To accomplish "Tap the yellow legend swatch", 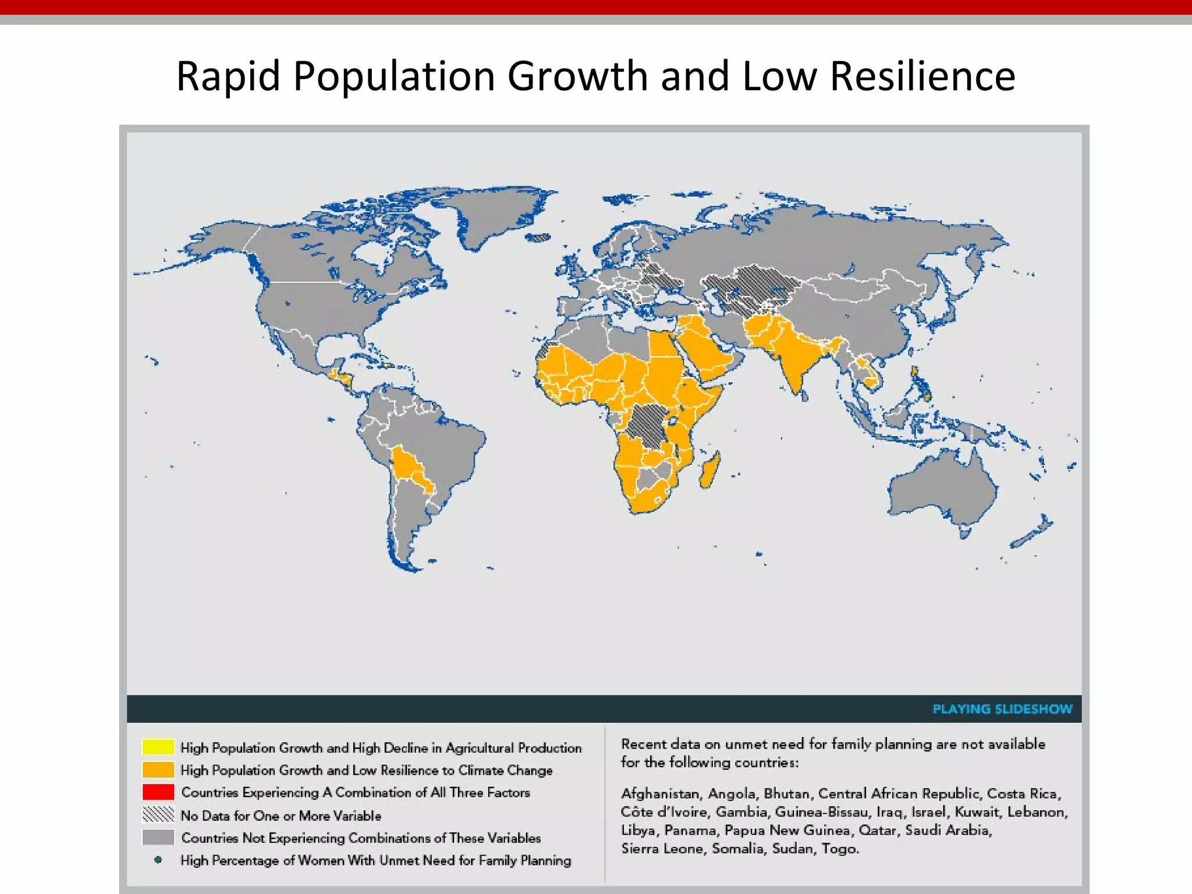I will (158, 747).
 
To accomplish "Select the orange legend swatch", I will (158, 769).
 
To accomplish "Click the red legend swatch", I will (158, 792).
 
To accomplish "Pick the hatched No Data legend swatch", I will (158, 814).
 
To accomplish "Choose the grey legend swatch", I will (158, 837).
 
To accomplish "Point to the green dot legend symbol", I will (158, 860).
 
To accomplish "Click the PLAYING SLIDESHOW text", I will (1002, 709).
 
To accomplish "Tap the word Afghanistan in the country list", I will (660, 794).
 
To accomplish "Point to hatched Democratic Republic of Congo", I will (646, 425).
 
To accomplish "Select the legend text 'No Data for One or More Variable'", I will (281, 815).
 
